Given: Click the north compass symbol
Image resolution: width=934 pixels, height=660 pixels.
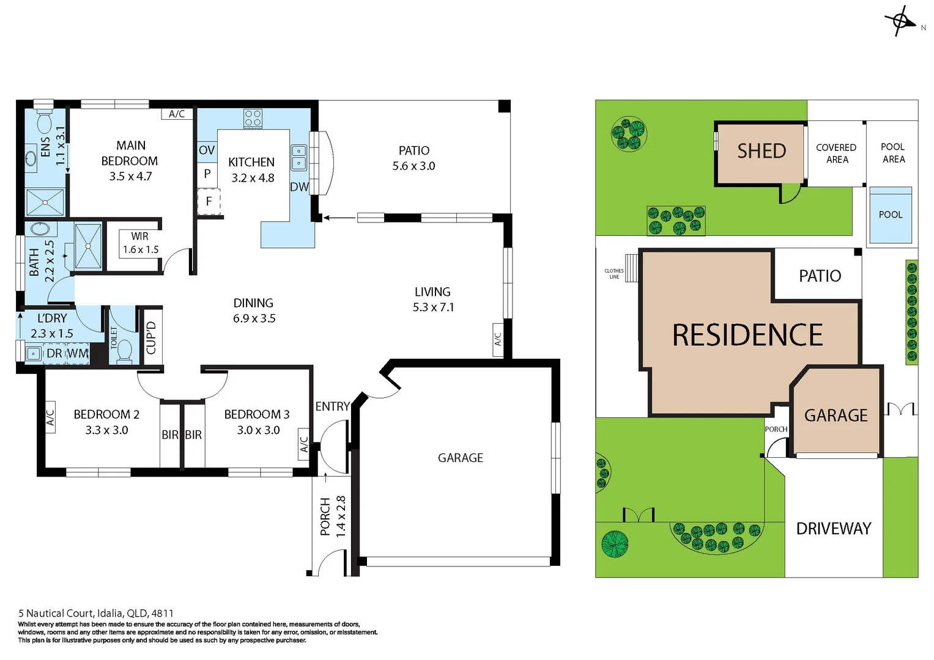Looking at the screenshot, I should pyautogui.click(x=900, y=21).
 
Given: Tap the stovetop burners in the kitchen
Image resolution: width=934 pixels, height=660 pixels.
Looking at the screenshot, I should pyautogui.click(x=253, y=119).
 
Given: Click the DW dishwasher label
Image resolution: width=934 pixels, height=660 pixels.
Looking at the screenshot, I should pyautogui.click(x=299, y=187).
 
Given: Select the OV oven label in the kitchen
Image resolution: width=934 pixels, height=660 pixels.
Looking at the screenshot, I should pyautogui.click(x=207, y=150).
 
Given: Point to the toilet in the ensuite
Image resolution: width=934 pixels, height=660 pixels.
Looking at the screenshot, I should pyautogui.click(x=45, y=122).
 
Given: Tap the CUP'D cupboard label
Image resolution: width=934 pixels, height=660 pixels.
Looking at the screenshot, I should pyautogui.click(x=151, y=337).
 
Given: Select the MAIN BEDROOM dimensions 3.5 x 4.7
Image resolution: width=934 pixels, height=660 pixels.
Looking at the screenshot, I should pyautogui.click(x=130, y=177).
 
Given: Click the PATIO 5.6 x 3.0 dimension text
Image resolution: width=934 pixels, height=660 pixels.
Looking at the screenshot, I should pyautogui.click(x=413, y=166).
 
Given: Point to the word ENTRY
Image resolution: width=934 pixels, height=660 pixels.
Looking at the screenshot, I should pyautogui.click(x=332, y=406).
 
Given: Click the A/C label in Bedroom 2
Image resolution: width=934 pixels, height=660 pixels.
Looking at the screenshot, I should pyautogui.click(x=50, y=417).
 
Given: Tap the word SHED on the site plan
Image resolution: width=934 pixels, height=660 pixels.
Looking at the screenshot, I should pyautogui.click(x=761, y=151).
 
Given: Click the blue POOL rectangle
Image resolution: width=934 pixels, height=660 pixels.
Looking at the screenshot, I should pyautogui.click(x=891, y=215).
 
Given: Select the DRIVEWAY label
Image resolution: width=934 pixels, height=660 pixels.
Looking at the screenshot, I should pyautogui.click(x=833, y=529).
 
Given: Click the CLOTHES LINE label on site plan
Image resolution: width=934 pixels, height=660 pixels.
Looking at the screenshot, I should pyautogui.click(x=613, y=274).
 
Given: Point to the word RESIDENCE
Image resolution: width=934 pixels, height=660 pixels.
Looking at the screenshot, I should pyautogui.click(x=747, y=335).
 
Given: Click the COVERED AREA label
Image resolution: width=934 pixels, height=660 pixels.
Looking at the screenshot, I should pyautogui.click(x=836, y=153).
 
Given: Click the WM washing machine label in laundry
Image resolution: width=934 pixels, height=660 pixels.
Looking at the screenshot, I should pyautogui.click(x=78, y=354).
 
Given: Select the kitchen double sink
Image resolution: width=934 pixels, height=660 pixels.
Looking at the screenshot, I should pyautogui.click(x=298, y=156).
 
